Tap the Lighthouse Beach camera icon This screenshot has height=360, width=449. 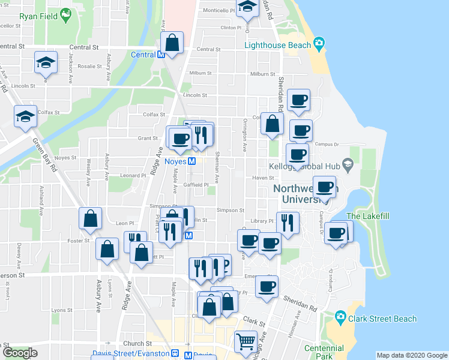coord(319,44)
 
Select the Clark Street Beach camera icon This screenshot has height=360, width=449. coord(340,316)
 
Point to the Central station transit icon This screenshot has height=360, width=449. coord(161,55)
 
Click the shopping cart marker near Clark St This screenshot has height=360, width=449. coord(246,341)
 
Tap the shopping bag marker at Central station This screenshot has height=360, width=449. coord(172,43)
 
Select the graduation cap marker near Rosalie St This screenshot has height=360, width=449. coord(46,62)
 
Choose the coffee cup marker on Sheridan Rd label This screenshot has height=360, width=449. coord(267,286)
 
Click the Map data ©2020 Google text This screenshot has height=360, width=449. coord(412,355)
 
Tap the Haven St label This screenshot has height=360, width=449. coord(263,178)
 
